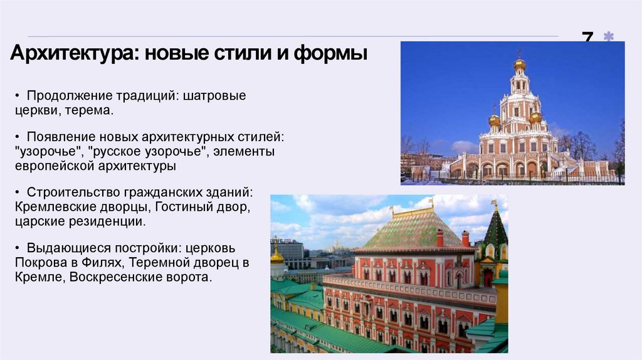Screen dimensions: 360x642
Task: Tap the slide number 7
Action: click(587, 38)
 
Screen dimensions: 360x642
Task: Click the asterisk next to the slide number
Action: click(608, 38)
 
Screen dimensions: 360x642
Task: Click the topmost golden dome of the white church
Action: click(519, 64)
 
